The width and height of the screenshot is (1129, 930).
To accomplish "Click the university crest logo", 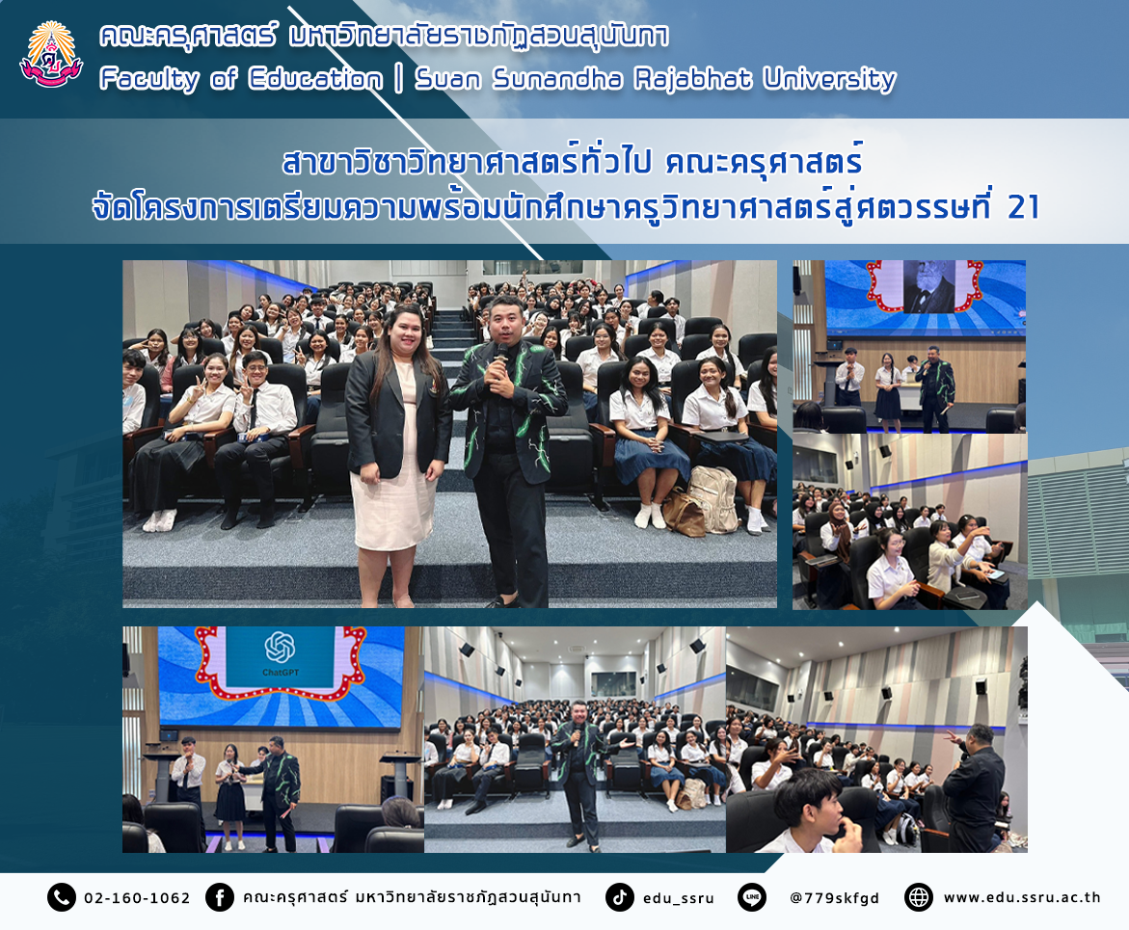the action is click(x=51, y=55).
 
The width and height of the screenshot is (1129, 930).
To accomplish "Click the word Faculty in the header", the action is click(x=149, y=78).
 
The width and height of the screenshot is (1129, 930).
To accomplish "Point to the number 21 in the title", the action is click(x=1023, y=207).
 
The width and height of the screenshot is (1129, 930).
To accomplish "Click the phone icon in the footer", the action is click(x=61, y=897).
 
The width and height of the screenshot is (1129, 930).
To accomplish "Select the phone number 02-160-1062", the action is click(x=137, y=898).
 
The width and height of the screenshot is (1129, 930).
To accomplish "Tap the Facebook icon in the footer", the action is click(x=220, y=897).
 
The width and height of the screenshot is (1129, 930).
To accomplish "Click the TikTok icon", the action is click(x=619, y=897).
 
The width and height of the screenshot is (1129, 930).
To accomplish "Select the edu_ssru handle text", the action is click(x=678, y=898).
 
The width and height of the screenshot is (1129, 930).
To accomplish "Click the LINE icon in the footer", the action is click(x=752, y=897).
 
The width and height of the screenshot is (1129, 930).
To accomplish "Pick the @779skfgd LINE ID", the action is click(x=835, y=898).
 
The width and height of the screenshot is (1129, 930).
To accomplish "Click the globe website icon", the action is click(x=919, y=897).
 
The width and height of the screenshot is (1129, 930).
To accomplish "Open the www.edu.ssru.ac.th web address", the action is click(x=1022, y=897).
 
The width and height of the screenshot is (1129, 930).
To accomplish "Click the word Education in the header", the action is click(x=314, y=78).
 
